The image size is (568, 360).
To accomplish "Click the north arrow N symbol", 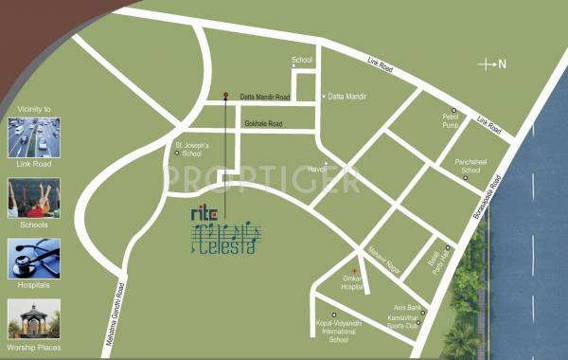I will click(x=492, y=64).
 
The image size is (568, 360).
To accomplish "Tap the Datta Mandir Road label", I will click(x=261, y=96).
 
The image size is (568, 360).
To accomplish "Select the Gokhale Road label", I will click(x=263, y=124).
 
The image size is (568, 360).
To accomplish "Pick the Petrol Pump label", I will click(x=451, y=121).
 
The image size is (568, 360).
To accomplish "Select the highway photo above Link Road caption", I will click(x=34, y=138).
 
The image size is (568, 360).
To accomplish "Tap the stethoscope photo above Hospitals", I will click(x=34, y=258).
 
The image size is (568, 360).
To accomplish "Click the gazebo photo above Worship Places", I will click(x=34, y=320).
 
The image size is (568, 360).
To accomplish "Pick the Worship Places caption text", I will click(x=34, y=348).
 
